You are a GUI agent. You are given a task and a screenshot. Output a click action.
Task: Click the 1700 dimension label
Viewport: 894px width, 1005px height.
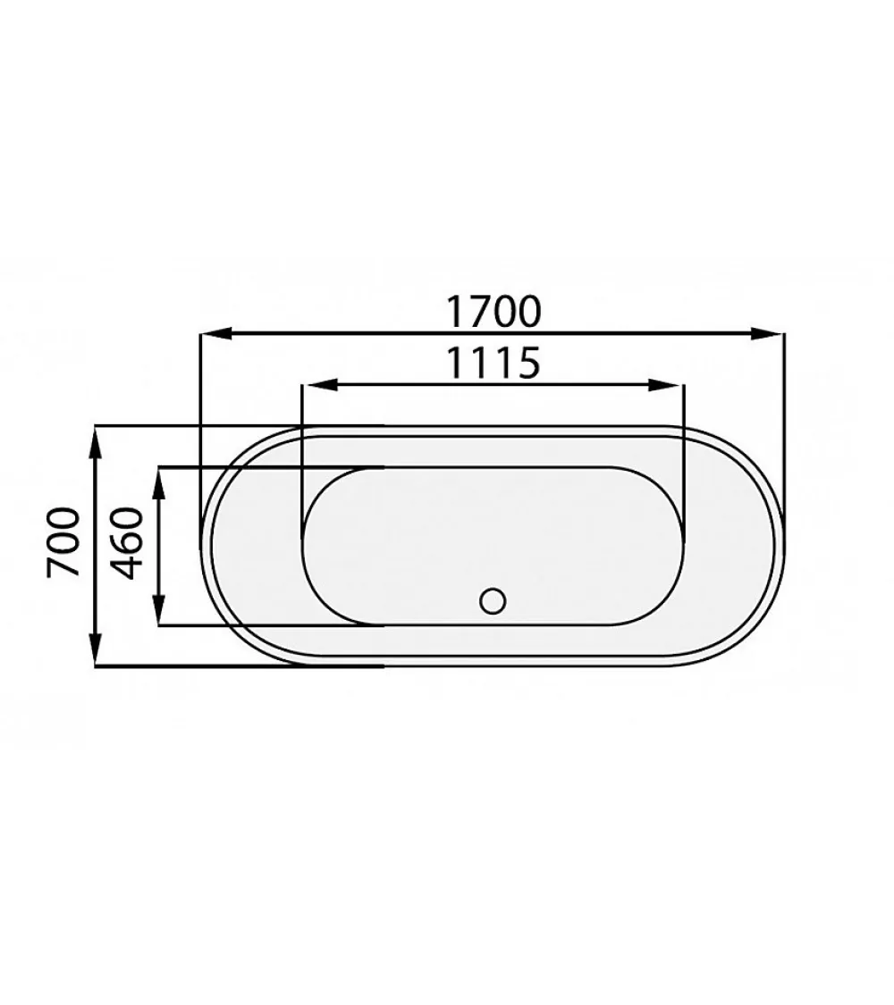493,311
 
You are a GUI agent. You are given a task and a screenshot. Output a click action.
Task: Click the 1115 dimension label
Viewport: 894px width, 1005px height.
493,363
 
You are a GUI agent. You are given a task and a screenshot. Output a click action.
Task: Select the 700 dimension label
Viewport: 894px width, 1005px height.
64,542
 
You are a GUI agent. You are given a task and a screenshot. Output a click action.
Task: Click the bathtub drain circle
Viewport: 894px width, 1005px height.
493,600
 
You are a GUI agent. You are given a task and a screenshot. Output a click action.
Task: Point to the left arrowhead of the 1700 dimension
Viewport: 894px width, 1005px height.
215,332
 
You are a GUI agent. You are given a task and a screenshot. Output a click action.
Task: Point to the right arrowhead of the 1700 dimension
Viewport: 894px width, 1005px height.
768,332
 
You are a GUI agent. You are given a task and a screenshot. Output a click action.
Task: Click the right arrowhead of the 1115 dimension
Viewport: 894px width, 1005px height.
667,384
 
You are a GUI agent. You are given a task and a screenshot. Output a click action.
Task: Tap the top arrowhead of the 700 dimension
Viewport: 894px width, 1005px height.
95,443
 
